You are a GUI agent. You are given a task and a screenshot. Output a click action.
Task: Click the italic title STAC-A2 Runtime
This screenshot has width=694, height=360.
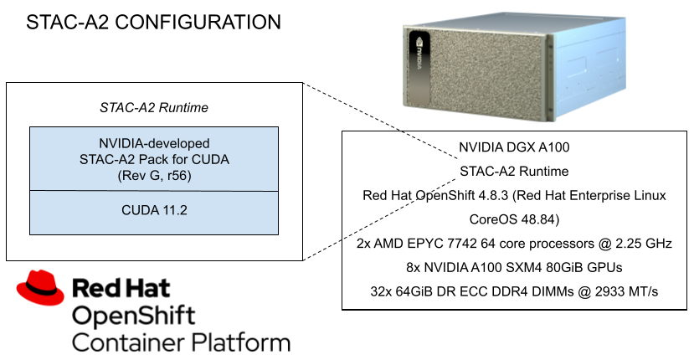154,108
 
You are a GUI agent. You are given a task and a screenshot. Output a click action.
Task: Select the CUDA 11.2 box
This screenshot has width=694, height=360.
154,212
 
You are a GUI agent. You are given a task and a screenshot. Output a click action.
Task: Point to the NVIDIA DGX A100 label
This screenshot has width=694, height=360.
514,148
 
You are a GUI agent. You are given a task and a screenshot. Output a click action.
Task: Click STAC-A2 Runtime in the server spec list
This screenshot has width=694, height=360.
514,172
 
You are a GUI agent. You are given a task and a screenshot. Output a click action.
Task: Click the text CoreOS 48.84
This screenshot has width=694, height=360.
514,219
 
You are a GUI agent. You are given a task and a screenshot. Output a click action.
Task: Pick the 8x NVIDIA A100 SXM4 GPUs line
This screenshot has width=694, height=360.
514,267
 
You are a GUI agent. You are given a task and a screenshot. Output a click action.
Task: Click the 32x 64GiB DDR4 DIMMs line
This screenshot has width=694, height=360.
514,291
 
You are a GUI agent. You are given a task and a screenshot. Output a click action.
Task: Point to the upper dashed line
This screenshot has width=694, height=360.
429,146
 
